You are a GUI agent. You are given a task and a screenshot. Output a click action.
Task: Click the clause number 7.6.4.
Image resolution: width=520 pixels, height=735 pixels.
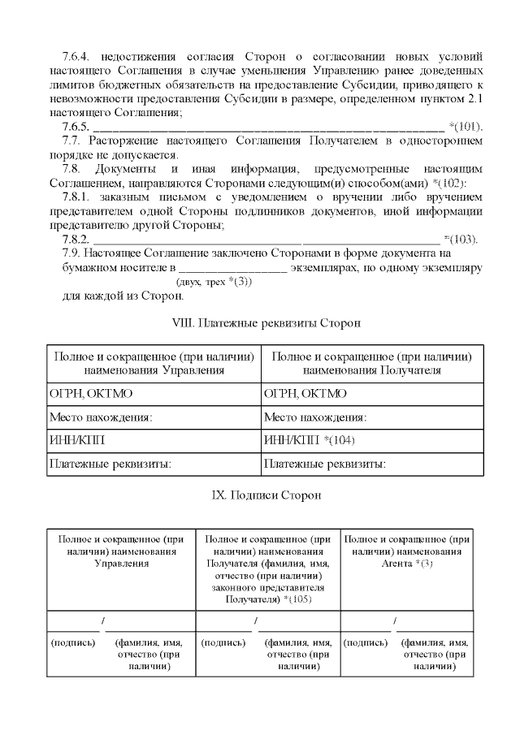click(x=79, y=57)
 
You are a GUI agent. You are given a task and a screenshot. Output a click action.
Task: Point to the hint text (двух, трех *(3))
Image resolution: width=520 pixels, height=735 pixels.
click(x=214, y=281)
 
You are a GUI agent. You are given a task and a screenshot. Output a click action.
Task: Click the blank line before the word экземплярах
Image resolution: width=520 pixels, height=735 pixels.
click(x=232, y=266)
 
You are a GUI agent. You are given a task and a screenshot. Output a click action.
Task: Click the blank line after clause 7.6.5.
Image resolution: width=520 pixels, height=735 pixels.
click(x=268, y=128)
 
